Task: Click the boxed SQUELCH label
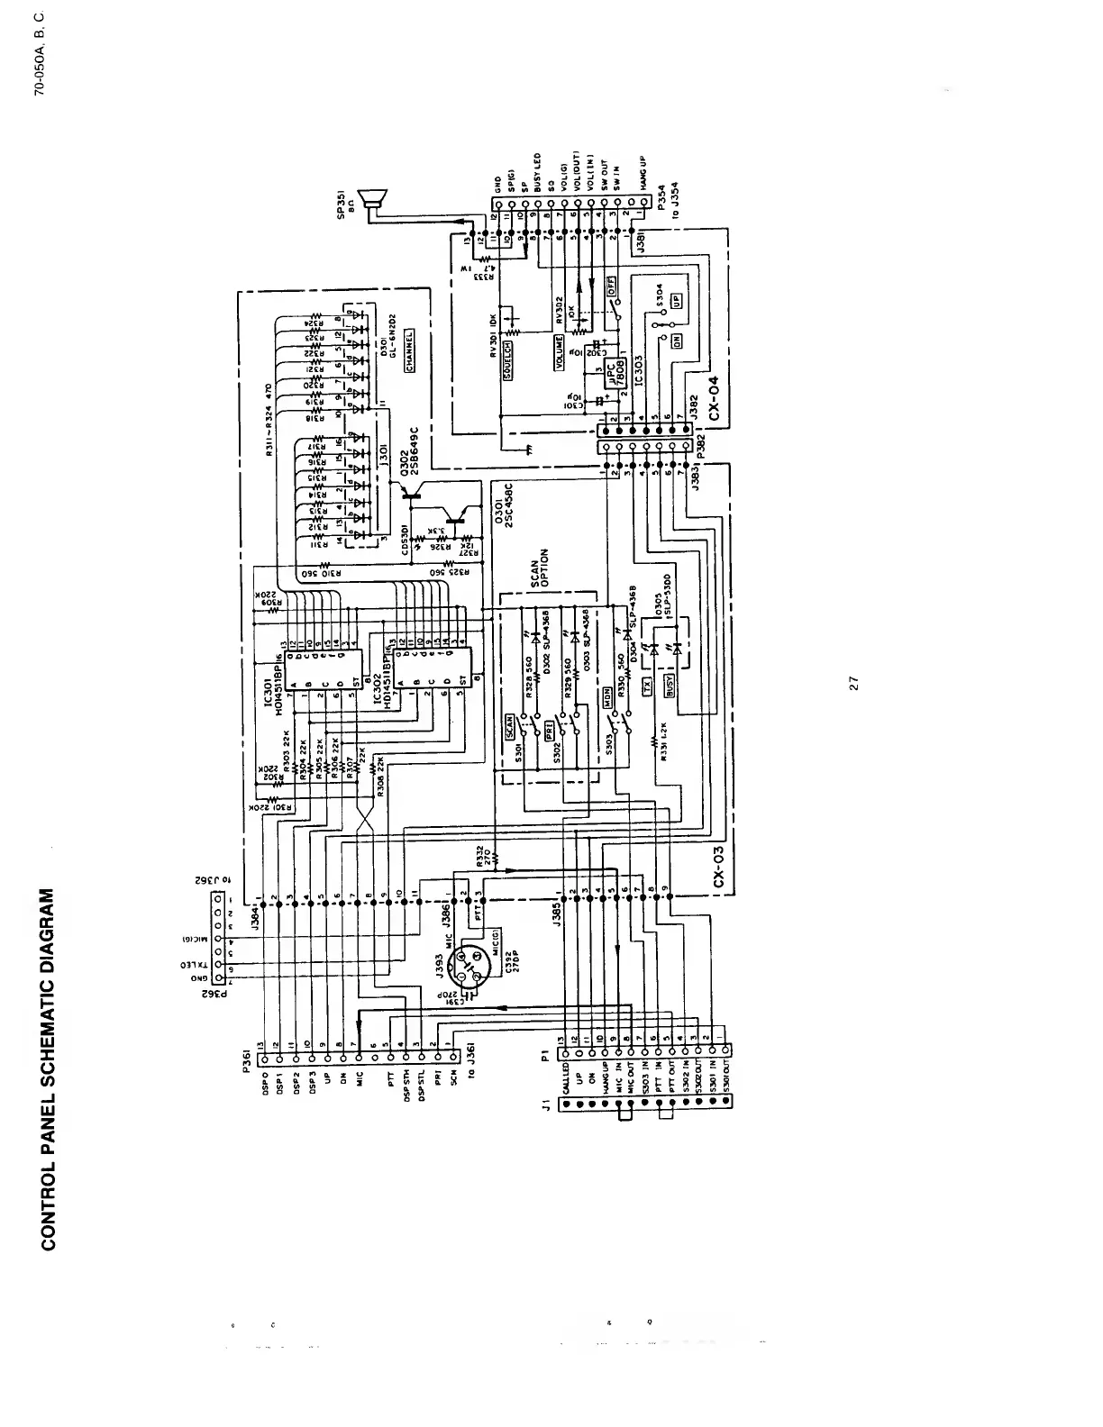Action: (508, 360)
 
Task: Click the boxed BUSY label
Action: (669, 687)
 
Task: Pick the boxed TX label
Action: (645, 687)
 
